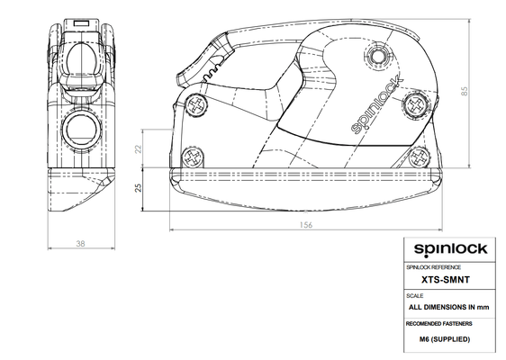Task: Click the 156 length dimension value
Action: point(306,224)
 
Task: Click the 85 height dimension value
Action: point(465,91)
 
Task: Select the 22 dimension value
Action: point(138,149)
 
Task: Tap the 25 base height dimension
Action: point(138,188)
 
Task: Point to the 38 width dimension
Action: point(80,244)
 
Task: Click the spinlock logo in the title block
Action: point(450,249)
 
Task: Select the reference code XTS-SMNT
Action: point(446,280)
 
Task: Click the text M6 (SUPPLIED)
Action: point(445,339)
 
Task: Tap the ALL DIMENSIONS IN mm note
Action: point(449,307)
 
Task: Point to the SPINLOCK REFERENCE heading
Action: point(433,267)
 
